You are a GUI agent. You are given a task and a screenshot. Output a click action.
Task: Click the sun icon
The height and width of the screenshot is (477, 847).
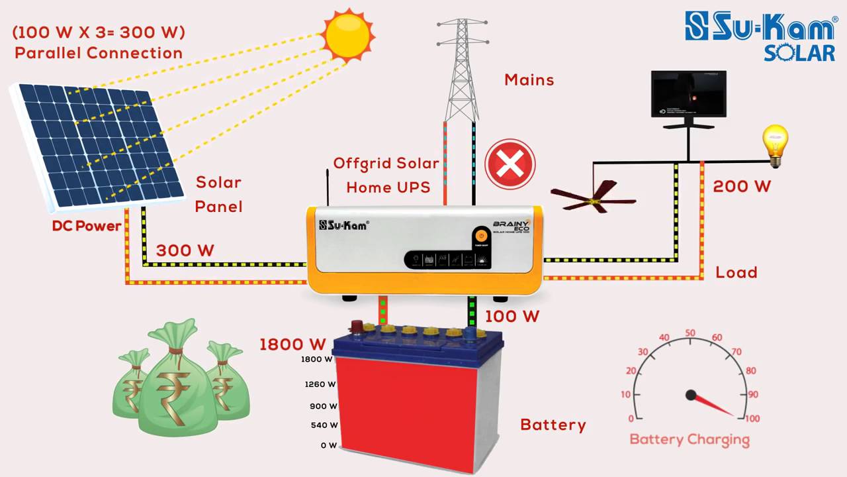tap(349, 34)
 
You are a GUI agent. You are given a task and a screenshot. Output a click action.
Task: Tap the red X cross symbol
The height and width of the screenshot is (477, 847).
tap(510, 164)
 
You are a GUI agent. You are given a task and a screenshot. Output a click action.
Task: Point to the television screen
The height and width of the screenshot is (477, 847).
tap(688, 94)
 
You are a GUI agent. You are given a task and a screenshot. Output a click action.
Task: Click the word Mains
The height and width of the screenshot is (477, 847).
tap(529, 80)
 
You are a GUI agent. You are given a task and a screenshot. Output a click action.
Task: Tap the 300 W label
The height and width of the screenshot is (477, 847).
tap(185, 250)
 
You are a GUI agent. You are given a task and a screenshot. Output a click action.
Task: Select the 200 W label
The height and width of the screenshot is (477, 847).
tap(742, 187)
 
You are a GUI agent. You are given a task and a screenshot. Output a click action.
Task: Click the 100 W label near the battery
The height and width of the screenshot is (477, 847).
tap(512, 317)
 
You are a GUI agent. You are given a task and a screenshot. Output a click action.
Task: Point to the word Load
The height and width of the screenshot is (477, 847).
tap(736, 272)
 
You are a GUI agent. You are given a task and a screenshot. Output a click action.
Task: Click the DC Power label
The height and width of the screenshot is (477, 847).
tap(87, 226)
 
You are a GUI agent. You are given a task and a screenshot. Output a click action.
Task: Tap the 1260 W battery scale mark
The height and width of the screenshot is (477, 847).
tap(320, 384)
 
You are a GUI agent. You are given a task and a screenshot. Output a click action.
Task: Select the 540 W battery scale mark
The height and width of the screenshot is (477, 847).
tap(324, 425)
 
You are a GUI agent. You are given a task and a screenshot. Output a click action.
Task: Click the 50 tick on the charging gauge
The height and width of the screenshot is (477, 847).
tap(690, 333)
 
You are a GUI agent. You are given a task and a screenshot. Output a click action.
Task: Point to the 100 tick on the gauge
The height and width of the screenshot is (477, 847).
tap(752, 419)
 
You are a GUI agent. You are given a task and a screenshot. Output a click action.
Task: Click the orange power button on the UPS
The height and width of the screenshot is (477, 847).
tap(481, 236)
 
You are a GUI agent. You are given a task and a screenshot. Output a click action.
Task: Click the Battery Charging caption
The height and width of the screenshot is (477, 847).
tap(690, 439)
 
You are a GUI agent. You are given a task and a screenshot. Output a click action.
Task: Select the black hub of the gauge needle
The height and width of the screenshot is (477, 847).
tap(691, 396)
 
